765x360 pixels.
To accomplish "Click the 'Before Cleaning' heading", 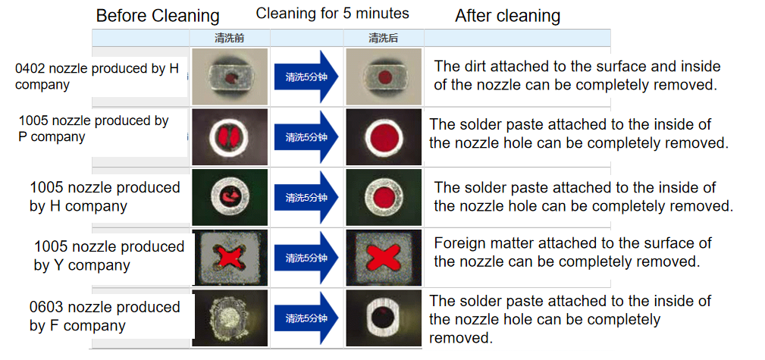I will tap(158, 16).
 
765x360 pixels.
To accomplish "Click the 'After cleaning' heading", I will tap(507, 16).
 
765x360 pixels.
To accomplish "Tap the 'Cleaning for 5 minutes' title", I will tap(332, 13).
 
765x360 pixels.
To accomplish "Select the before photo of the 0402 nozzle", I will tap(229, 77).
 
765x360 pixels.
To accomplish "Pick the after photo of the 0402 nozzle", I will tap(382, 77).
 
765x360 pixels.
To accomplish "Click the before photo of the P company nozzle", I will tap(229, 137).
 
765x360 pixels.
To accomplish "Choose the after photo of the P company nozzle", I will tap(382, 137).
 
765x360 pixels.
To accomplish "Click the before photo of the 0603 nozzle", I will tap(229, 318).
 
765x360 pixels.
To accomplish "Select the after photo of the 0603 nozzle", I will tap(382, 318).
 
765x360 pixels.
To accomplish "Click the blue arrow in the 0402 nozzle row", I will tap(308, 77).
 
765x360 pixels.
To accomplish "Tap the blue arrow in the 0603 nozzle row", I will tap(308, 318).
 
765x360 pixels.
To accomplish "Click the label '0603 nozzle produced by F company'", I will tap(105, 317).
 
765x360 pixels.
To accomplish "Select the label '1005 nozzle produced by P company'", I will tap(93, 128).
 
